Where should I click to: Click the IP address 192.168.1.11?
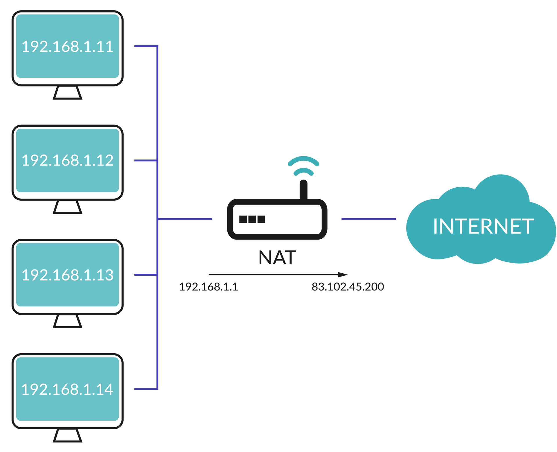[67, 46]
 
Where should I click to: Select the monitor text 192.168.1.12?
[67, 160]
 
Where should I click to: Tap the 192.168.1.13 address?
[67, 275]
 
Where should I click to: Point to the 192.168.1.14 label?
[67, 389]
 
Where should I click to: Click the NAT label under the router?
[277, 258]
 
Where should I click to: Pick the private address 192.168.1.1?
[209, 287]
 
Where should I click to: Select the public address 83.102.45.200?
[348, 287]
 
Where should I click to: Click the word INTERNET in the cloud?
[483, 226]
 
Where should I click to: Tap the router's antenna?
[303, 190]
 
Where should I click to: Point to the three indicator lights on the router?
[252, 219]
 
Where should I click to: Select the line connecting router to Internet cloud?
[368, 219]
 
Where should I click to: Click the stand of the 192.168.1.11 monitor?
[68, 93]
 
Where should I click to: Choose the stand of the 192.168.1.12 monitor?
[68, 207]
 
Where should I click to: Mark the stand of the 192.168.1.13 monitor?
[68, 322]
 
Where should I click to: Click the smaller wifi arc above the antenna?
[303, 171]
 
